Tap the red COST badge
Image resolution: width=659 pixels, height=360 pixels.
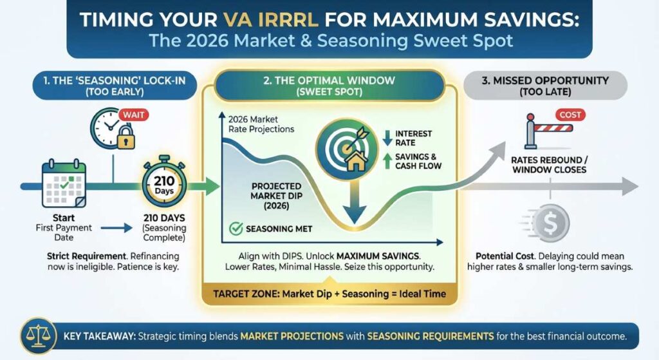tap(571, 115)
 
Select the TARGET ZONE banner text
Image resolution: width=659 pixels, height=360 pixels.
tap(329, 294)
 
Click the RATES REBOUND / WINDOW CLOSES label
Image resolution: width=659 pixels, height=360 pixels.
tap(548, 165)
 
